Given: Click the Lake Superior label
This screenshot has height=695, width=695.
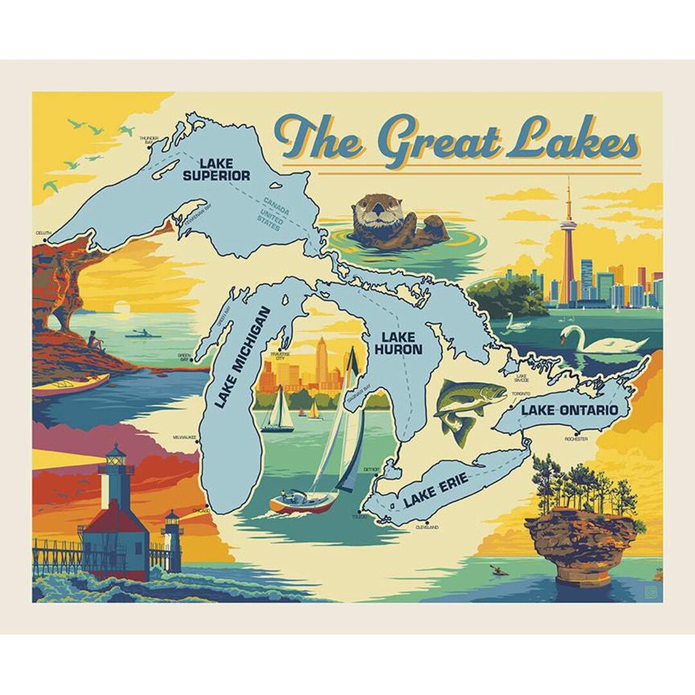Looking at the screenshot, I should pos(215,169).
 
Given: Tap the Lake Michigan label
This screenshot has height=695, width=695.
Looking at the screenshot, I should pos(242,357).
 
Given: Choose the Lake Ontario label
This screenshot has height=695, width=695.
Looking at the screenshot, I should pos(570,410).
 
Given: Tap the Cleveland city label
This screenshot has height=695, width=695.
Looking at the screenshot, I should pos(427,528).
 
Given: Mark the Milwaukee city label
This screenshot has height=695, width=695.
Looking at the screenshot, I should pos(183,437).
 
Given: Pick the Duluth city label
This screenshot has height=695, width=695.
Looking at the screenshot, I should pos(43,233).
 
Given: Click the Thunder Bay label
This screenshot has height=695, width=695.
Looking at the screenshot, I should pos(149,140).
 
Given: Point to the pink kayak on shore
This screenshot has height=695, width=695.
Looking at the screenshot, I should pos(70,385).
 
